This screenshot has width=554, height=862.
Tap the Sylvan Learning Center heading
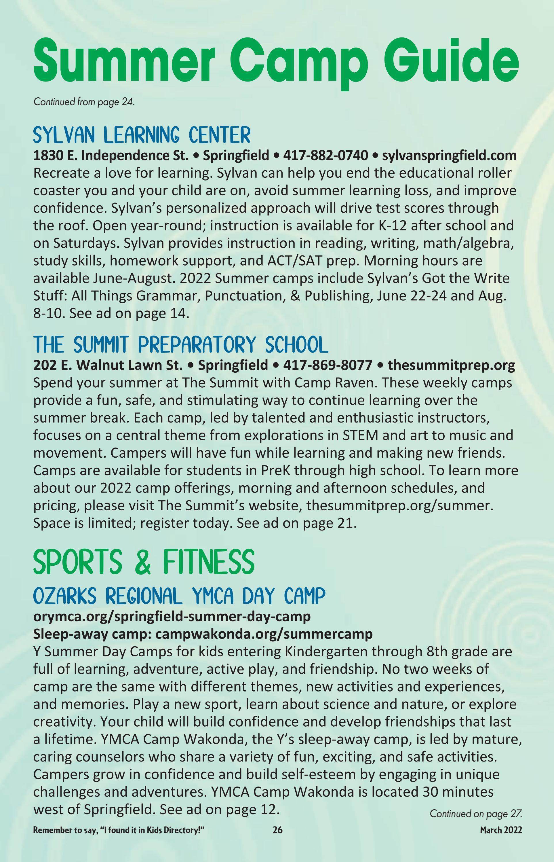(x=141, y=135)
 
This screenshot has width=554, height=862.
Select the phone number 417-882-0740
(x=325, y=156)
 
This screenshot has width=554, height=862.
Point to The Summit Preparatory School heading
(x=181, y=345)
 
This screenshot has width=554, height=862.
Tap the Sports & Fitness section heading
(x=144, y=562)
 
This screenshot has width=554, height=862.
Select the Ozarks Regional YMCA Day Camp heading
(x=179, y=596)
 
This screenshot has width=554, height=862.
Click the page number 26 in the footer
(x=277, y=840)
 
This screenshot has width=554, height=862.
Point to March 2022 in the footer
(x=501, y=840)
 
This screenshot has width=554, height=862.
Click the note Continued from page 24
(x=84, y=102)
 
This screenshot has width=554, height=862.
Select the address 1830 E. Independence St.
(x=111, y=156)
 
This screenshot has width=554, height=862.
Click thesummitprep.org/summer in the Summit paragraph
(x=399, y=506)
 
